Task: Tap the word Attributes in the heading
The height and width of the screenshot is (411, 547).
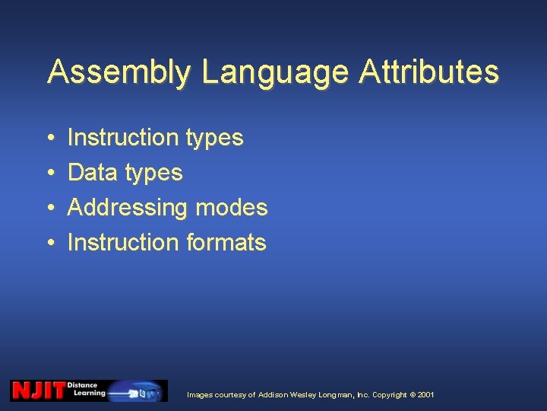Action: pyautogui.click(x=429, y=72)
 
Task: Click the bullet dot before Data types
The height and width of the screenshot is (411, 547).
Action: pyautogui.click(x=49, y=173)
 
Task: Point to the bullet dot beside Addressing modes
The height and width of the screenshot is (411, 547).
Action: pyautogui.click(x=49, y=208)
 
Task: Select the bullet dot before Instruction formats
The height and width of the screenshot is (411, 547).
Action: pyautogui.click(x=49, y=243)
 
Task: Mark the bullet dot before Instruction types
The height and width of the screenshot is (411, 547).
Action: pyautogui.click(x=49, y=138)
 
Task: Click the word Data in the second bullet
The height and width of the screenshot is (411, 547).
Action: pyautogui.click(x=92, y=173)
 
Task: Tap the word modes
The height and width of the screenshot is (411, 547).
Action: pyautogui.click(x=231, y=208)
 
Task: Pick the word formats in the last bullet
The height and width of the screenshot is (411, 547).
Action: pyautogui.click(x=226, y=243)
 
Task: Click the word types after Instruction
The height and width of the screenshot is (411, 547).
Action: pyautogui.click(x=213, y=139)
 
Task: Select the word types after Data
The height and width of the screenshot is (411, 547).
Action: pyautogui.click(x=153, y=174)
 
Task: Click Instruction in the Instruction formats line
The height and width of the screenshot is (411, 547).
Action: pyautogui.click(x=123, y=243)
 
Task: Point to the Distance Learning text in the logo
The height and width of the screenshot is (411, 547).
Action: pyautogui.click(x=86, y=390)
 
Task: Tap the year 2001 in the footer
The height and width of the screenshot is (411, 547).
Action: pyautogui.click(x=426, y=395)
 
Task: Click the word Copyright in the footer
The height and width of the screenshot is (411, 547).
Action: pyautogui.click(x=390, y=395)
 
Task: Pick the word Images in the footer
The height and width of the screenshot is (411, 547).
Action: pyautogui.click(x=201, y=395)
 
